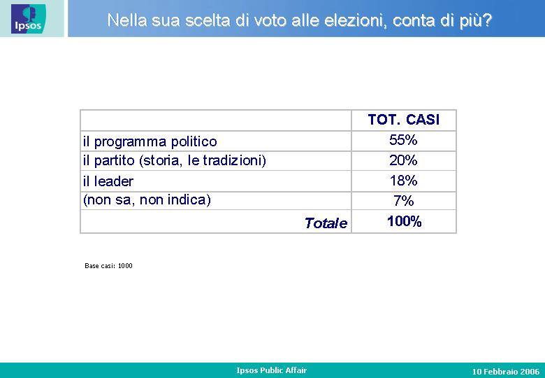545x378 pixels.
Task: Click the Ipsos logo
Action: [x=28, y=19]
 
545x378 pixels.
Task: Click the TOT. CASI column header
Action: [x=404, y=120]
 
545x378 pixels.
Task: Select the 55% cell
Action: [x=403, y=140]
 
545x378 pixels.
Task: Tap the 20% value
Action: [x=403, y=160]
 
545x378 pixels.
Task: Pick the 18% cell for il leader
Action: [x=403, y=181]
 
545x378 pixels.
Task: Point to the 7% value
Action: [x=404, y=200]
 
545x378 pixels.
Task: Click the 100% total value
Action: [x=405, y=221]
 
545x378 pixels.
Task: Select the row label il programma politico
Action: [x=150, y=141]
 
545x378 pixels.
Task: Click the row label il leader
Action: [x=108, y=181]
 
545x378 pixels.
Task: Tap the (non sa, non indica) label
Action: [x=147, y=200]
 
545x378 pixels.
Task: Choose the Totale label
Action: [x=326, y=223]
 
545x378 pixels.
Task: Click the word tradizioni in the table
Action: [x=234, y=160]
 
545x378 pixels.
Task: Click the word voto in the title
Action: [x=271, y=20]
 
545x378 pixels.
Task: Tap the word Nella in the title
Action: [x=127, y=20]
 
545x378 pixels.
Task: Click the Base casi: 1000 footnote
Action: [x=108, y=266]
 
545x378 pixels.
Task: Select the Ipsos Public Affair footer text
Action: [x=272, y=370]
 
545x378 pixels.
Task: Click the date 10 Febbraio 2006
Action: [x=506, y=372]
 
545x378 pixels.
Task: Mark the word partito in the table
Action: [x=115, y=161]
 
